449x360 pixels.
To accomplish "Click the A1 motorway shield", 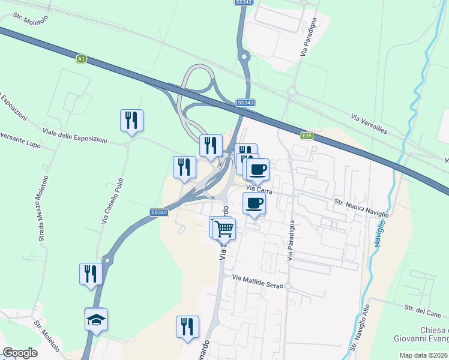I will [81, 58].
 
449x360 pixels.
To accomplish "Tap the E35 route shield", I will [307, 136].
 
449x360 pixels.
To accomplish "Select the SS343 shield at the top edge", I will [242, 3].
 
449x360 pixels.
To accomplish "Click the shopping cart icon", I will [224, 228].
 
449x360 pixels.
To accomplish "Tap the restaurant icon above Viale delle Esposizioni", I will [131, 120].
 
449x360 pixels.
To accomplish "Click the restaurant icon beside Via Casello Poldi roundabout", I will [91, 274].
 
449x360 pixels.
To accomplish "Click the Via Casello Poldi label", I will [112, 200].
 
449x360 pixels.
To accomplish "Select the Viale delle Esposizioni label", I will [74, 135].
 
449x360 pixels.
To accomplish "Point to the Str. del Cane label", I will [423, 310].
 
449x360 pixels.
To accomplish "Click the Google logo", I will [20, 353].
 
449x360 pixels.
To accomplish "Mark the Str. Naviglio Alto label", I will [360, 326].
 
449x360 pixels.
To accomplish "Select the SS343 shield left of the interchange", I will [159, 212].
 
